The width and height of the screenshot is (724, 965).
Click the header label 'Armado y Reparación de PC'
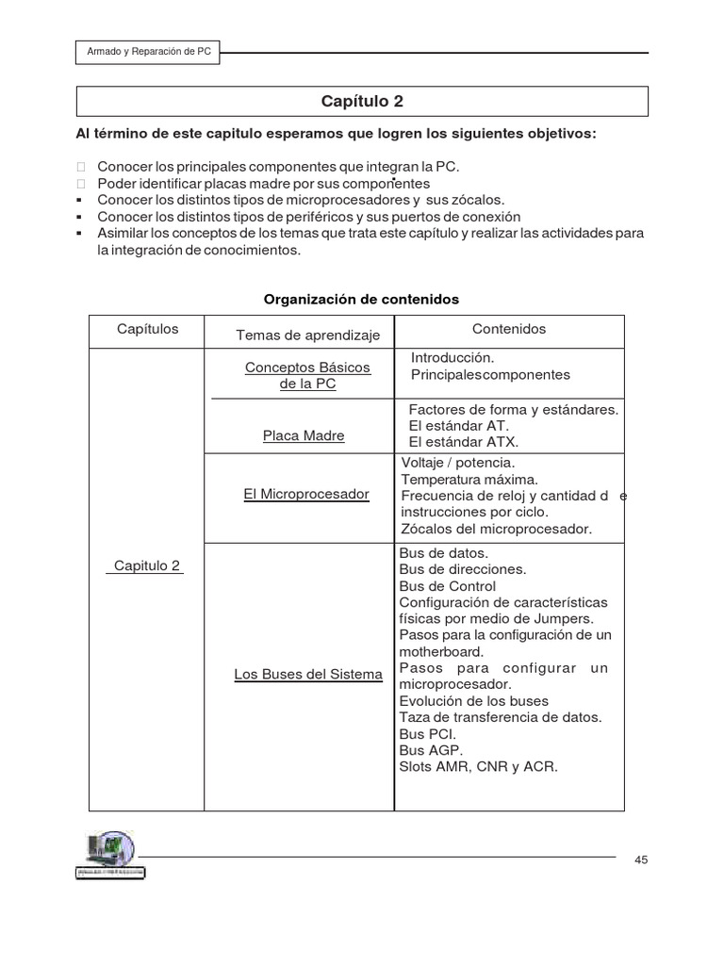148,54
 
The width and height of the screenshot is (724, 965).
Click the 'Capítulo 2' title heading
362,101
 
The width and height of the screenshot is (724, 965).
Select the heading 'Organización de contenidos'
361,299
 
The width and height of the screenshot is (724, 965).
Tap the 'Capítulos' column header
147,329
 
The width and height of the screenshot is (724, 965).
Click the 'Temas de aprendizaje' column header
307,335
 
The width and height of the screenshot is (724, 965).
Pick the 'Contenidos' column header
508,329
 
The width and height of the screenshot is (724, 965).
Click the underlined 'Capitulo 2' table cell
146,565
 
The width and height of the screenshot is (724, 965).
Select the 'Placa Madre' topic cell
304,435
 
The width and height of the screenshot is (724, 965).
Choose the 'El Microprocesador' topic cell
305,494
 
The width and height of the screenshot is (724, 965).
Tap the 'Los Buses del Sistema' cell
308,674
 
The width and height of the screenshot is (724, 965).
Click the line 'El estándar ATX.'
464,441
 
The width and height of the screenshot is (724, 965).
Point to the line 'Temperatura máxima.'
469,479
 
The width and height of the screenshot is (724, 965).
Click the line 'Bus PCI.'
428,733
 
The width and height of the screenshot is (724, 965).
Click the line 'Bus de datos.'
444,552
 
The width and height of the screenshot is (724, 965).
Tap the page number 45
641,859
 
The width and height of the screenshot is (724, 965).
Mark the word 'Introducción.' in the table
452,357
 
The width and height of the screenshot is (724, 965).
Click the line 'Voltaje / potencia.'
458,463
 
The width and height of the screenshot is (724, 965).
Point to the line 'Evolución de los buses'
473,701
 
